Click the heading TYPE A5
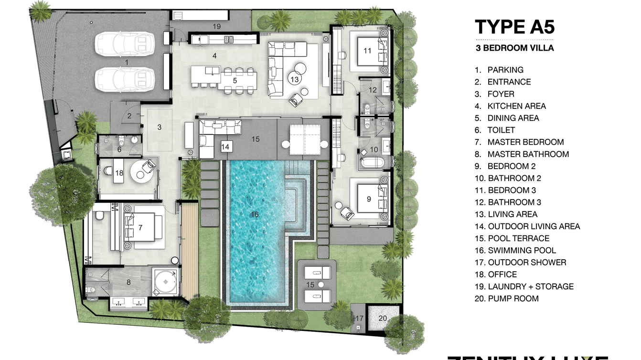pos(514,27)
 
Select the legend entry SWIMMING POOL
pos(522,250)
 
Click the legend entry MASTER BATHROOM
pos(528,154)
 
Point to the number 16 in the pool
pos(255,214)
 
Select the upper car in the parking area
pos(125,44)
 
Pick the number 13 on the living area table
pos(295,79)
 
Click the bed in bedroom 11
pos(370,51)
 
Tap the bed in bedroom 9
pos(370,198)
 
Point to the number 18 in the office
pos(119,173)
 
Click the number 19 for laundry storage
pos(216,26)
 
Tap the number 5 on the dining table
pos(235,81)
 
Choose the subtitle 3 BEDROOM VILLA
pos(514,48)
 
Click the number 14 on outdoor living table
pos(225,147)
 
